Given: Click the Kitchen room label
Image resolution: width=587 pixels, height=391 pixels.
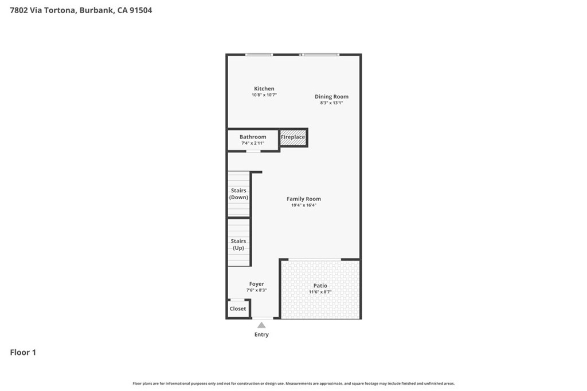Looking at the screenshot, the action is (264, 89).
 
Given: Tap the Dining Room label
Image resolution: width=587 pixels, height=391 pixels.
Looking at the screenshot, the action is (331, 96).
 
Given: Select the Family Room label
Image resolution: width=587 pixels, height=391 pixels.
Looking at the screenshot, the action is (304, 199).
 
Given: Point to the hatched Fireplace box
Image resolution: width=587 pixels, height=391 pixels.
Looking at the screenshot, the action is (293, 137).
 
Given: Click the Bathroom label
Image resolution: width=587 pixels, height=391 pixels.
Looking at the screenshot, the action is (253, 137).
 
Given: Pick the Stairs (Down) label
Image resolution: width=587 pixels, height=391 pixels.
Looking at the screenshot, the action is (238, 194).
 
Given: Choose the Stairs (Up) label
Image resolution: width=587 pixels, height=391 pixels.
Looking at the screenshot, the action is (238, 244).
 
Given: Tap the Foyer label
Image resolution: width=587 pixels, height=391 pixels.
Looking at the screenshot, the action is (256, 284).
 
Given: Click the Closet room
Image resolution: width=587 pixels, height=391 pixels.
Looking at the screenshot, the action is (238, 309).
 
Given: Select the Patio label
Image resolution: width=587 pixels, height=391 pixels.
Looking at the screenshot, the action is (320, 286).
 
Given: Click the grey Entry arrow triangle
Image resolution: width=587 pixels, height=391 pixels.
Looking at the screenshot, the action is (261, 325).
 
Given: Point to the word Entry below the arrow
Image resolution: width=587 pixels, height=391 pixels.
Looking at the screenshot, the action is (261, 334).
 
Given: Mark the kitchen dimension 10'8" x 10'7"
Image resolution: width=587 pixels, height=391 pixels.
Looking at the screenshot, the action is (264, 95).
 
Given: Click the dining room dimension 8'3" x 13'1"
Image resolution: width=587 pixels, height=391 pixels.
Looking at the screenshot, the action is (331, 103).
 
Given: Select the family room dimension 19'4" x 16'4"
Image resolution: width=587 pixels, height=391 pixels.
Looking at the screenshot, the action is (304, 205).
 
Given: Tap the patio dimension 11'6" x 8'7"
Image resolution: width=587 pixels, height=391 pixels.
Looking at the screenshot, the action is (320, 292).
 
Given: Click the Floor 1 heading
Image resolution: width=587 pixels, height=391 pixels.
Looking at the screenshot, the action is (23, 352).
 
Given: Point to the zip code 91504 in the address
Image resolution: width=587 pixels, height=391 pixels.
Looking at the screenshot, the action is (141, 10).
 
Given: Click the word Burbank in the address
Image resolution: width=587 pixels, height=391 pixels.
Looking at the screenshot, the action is (96, 10).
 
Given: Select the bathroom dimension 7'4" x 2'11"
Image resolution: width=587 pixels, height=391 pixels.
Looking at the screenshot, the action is (253, 143).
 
